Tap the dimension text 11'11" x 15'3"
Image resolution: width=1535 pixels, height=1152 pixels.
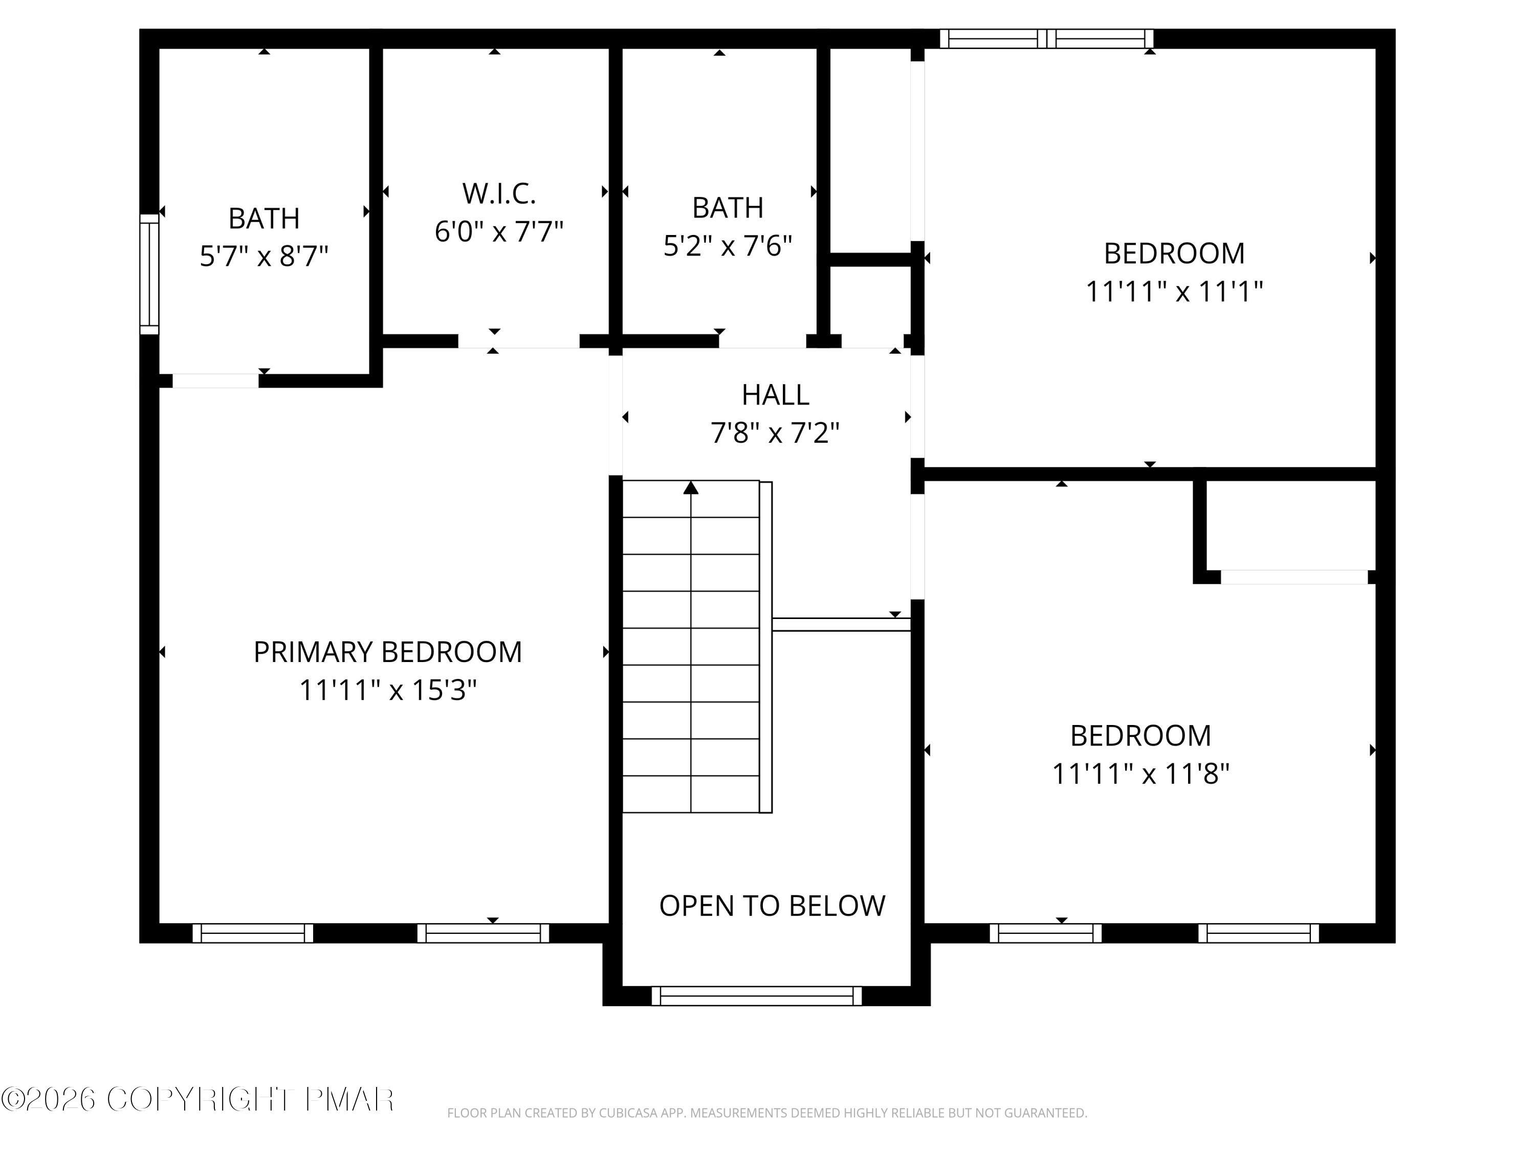[387, 690]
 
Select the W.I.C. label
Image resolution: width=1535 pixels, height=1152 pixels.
[499, 194]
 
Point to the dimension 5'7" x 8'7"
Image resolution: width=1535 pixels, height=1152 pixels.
[264, 256]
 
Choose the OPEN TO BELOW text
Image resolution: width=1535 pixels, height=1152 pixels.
[772, 906]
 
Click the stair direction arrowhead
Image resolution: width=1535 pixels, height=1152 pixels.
[690, 488]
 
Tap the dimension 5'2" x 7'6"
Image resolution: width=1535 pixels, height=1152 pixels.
[727, 246]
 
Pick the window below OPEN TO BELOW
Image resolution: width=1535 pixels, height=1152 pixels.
[756, 996]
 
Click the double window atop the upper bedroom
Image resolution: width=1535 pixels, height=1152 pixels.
[1046, 39]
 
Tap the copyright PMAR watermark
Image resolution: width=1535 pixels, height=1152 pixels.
[198, 1099]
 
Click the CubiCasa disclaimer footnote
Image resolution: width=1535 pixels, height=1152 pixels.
[767, 1113]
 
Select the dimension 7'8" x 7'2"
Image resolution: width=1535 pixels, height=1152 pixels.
[775, 433]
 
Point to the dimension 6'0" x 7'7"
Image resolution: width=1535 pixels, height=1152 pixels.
[499, 231]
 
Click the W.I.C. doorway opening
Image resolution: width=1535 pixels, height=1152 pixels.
[518, 341]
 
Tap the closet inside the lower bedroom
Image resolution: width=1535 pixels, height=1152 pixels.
[1291, 526]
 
